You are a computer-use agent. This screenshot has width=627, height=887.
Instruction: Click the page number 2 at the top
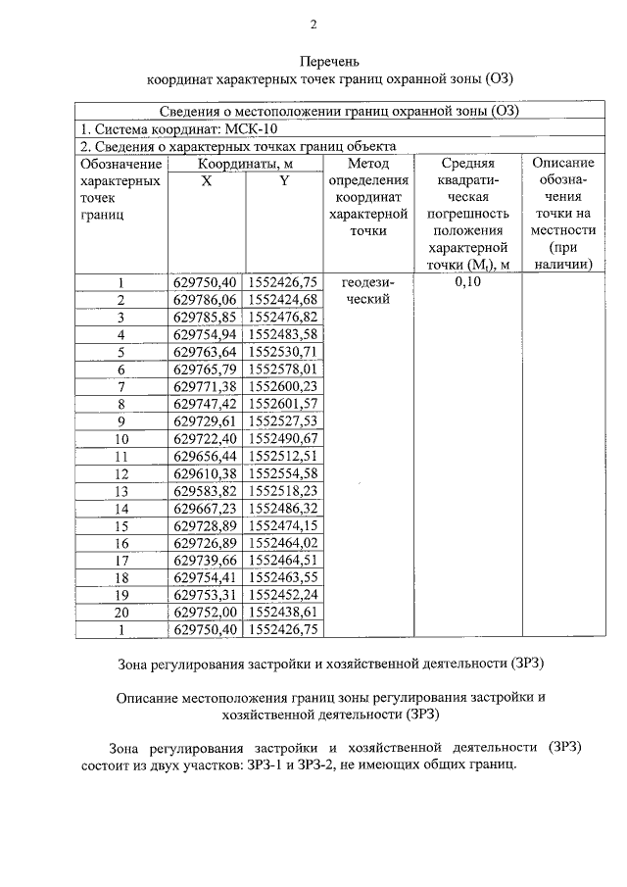313,25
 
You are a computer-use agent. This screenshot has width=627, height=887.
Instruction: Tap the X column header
205,181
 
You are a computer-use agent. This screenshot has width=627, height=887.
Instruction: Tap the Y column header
283,181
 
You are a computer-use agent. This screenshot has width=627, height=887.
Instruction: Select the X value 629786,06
205,300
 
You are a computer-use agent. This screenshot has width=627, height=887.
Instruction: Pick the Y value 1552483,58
283,335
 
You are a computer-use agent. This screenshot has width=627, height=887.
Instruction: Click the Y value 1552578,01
283,370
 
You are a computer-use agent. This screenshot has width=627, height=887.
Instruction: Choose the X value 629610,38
205,473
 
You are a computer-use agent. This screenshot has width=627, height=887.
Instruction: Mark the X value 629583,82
205,491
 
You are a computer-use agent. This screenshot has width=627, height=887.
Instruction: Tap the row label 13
122,491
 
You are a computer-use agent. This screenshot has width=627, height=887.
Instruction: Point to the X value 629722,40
205,439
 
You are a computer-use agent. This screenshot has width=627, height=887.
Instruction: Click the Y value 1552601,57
283,405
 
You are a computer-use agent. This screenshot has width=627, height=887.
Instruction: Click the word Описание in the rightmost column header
557,164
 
